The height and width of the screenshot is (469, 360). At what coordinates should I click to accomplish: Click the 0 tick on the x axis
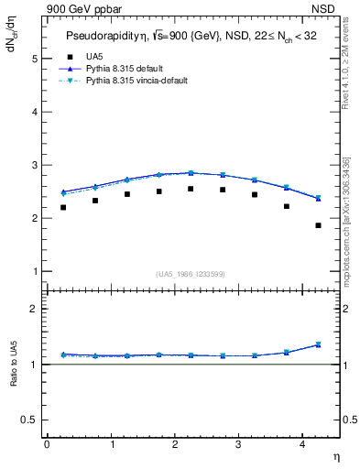(47, 443)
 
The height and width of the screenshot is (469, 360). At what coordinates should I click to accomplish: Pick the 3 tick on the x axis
(238, 443)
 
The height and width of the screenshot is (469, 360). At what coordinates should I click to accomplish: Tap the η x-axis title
(337, 455)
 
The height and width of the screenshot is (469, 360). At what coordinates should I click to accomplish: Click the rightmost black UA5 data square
(318, 225)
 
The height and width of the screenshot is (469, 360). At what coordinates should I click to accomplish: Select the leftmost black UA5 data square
(63, 207)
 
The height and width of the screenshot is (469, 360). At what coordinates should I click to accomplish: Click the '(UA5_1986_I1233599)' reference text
(191, 274)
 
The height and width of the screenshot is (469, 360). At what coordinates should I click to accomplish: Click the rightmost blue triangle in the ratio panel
(318, 344)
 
